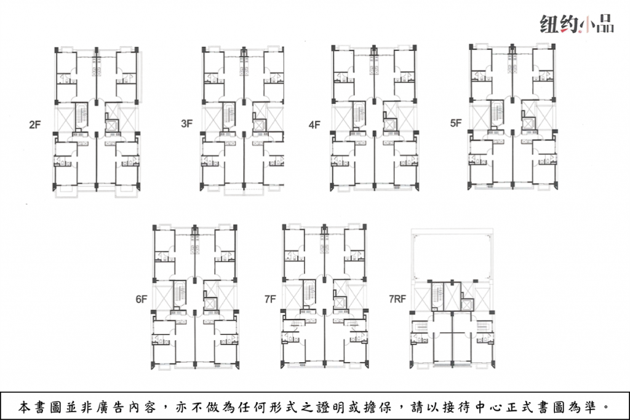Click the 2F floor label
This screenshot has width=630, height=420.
[35, 125]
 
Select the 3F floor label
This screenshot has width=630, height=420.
[187, 123]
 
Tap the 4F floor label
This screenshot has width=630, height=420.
[314, 125]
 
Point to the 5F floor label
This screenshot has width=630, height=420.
[456, 123]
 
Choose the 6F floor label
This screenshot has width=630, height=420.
[142, 299]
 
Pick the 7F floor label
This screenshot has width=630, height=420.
[271, 299]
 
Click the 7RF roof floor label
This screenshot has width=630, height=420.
[397, 299]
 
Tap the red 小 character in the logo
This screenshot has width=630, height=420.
[586, 25]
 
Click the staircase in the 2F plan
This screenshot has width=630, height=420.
[82, 116]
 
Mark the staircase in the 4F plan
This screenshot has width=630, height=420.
[359, 114]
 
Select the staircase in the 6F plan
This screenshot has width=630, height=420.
[180, 293]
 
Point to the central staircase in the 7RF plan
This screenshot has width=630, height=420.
[437, 296]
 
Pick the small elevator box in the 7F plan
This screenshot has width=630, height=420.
[340, 303]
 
